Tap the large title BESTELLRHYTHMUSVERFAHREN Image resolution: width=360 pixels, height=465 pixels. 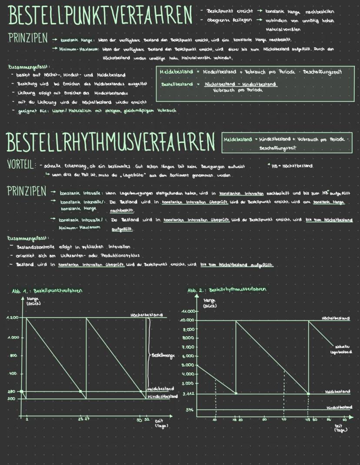coord(111,142)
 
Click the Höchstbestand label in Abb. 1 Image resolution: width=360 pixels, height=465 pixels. coord(147,314)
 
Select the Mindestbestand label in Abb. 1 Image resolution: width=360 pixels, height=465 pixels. coord(162,397)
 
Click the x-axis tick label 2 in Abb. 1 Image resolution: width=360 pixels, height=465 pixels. coord(27,419)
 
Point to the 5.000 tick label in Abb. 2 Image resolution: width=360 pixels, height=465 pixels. coord(188,365)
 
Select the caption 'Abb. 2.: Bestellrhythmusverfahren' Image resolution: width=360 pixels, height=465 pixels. coord(227,290)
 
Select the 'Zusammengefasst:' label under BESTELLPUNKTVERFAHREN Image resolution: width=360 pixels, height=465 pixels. coord(26,68)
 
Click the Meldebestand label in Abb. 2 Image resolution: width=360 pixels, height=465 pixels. coord(337,392)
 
